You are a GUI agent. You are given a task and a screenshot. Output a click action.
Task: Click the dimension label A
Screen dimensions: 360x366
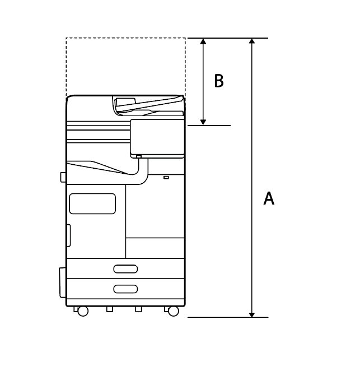269,198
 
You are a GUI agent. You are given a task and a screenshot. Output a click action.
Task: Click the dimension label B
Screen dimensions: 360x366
219,81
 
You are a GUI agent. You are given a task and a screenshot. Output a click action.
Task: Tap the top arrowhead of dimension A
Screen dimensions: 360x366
252,41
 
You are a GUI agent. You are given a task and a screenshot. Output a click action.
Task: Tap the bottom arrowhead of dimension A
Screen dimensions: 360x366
252,314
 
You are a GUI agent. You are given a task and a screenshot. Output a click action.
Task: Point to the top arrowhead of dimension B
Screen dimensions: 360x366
203,41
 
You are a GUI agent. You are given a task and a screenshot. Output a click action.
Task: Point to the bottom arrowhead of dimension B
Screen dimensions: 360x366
203,122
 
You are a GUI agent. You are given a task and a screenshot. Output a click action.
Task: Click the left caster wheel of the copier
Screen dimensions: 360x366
83,311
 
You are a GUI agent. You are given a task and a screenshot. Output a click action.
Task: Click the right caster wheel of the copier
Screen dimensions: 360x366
173,311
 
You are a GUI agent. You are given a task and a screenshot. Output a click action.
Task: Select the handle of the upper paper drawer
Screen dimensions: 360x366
125,269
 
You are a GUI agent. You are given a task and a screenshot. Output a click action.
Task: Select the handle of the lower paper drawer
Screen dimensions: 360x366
125,289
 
